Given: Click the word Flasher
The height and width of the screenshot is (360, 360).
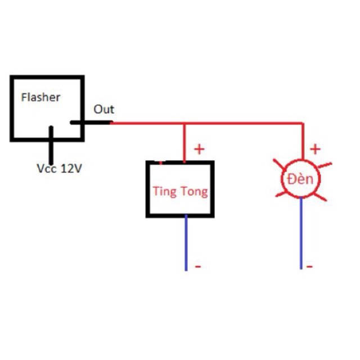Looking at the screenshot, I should pyautogui.click(x=40, y=97).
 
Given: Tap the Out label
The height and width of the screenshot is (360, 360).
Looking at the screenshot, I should pyautogui.click(x=103, y=109).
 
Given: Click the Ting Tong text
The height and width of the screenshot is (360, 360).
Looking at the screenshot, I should pyautogui.click(x=180, y=192).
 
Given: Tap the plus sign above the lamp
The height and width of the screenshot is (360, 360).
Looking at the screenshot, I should pyautogui.click(x=316, y=149).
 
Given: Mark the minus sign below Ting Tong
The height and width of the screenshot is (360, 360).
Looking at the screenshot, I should pyautogui.click(x=197, y=265).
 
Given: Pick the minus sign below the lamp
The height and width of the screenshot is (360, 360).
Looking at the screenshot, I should pyautogui.click(x=310, y=265).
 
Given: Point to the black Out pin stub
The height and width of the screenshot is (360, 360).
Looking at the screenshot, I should pyautogui.click(x=90, y=122).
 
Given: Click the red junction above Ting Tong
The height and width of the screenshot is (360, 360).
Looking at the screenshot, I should pyautogui.click(x=184, y=123).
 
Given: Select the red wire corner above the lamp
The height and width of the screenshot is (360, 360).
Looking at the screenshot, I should pyautogui.click(x=303, y=123).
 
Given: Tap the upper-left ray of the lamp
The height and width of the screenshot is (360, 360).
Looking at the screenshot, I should pyautogui.click(x=278, y=164).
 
